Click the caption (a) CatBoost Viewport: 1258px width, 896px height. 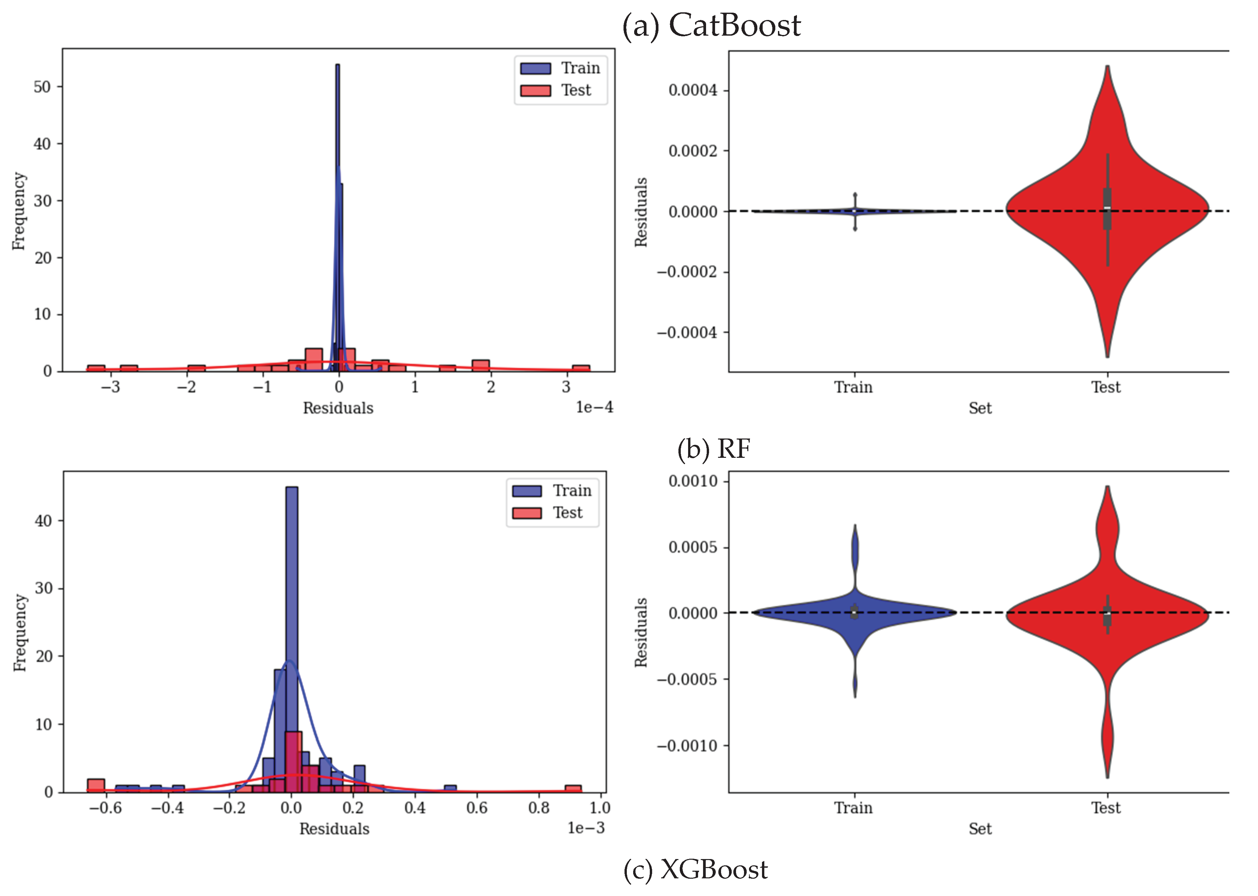711,25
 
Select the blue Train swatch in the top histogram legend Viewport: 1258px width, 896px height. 535,68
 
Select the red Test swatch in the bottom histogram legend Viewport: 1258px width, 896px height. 526,513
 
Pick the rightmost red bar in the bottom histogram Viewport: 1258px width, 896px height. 573,788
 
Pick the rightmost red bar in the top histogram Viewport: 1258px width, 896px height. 581,368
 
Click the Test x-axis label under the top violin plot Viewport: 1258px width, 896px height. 1106,387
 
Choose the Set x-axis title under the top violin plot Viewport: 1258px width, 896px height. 980,408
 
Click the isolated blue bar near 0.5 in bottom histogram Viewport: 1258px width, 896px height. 450,788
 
